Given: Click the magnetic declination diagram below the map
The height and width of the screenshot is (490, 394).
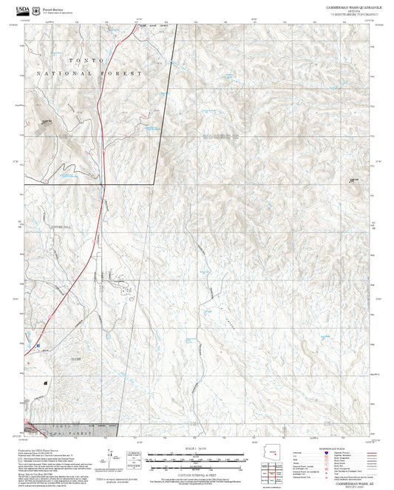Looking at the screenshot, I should tap(133, 455).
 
